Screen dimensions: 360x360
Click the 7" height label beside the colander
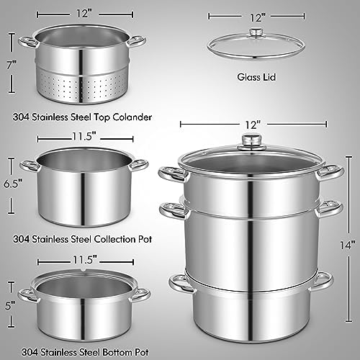click(x=12, y=64)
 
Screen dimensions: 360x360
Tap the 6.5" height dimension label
click(x=13, y=184)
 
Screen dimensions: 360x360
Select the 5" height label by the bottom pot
click(x=10, y=305)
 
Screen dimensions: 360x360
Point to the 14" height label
click(x=348, y=245)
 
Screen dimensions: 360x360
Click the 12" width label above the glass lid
click(x=258, y=18)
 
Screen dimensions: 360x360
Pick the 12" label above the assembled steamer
click(x=253, y=125)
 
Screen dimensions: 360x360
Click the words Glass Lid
click(x=256, y=77)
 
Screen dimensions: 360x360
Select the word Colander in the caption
click(x=132, y=117)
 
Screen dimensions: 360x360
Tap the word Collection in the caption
click(x=114, y=239)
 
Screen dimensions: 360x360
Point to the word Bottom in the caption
click(x=117, y=352)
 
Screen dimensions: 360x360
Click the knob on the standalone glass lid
click(x=255, y=33)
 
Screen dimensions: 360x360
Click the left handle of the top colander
click(x=27, y=42)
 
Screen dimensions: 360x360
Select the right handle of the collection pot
click(x=139, y=165)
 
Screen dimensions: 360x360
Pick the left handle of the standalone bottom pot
click(x=28, y=295)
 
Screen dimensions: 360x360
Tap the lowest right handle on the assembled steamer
click(x=323, y=282)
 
